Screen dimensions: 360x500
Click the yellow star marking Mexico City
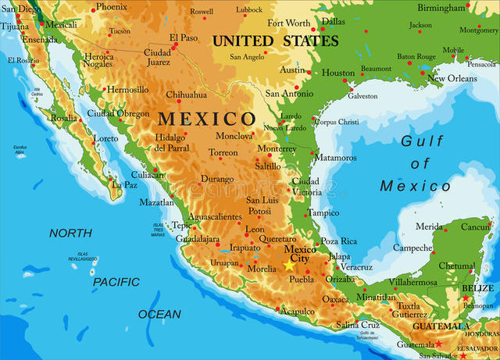pyautogui.click(x=289, y=266)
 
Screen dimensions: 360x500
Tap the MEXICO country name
pyautogui.click(x=207, y=119)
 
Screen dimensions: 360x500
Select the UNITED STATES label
pyautogui.click(x=276, y=41)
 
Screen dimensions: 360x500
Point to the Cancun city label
pyautogui.click(x=474, y=227)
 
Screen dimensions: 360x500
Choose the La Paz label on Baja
pyautogui.click(x=124, y=185)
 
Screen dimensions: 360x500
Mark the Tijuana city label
pyautogui.click(x=13, y=26)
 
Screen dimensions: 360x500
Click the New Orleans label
pyautogui.click(x=452, y=78)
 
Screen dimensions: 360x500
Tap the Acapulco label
pyautogui.click(x=298, y=312)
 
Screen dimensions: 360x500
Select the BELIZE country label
pyautogui.click(x=477, y=288)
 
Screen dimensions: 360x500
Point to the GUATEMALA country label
pyautogui.click(x=441, y=326)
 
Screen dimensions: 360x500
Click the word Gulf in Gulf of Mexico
pyautogui.click(x=422, y=141)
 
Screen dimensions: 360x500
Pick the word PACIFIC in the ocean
pyautogui.click(x=116, y=281)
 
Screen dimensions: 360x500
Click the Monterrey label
pyautogui.click(x=277, y=148)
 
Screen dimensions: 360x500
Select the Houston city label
pyautogui.click(x=338, y=73)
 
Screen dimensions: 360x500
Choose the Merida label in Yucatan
pyautogui.click(x=429, y=226)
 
